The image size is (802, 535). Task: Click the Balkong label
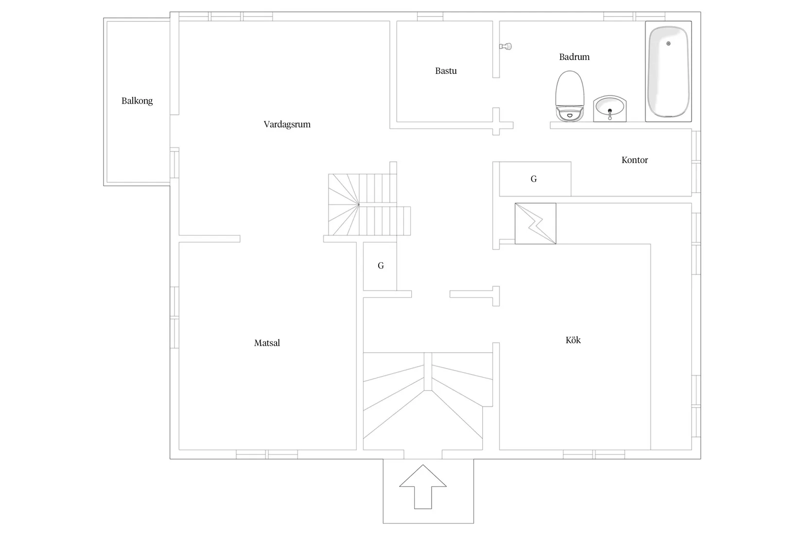(137, 101)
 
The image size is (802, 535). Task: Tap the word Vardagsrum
(287, 125)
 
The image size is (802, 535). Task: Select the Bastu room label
(446, 71)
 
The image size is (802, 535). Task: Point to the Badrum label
(575, 56)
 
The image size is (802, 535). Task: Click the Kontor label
(634, 160)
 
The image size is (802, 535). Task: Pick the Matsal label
(267, 343)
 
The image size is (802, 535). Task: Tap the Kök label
(573, 339)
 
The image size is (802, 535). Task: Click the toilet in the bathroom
(570, 96)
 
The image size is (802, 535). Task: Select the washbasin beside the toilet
(610, 108)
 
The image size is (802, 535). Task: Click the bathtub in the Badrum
(668, 71)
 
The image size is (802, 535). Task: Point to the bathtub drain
(668, 44)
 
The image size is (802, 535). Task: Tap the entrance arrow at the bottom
(423, 487)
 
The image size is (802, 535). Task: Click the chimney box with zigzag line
(535, 224)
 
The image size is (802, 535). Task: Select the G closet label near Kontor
(534, 179)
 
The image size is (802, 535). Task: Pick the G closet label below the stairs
(381, 266)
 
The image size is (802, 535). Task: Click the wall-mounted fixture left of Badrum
(506, 46)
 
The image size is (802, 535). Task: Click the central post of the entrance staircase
(428, 372)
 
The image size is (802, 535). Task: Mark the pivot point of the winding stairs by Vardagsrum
(358, 205)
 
